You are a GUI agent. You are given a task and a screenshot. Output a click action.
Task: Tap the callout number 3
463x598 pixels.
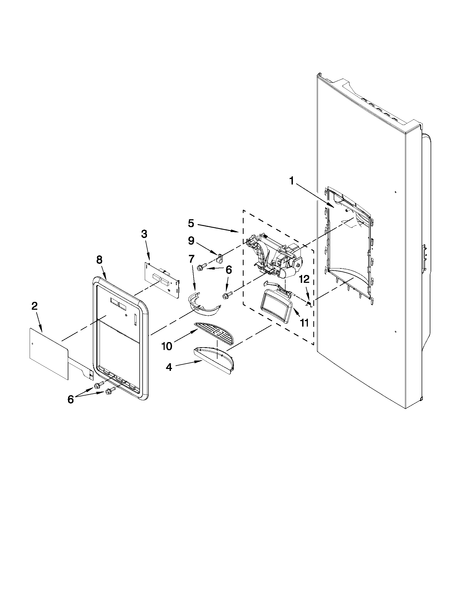[x=144, y=234]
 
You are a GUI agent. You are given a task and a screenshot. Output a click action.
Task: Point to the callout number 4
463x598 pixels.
[x=169, y=367]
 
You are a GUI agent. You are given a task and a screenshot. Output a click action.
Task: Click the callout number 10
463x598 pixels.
[x=167, y=346]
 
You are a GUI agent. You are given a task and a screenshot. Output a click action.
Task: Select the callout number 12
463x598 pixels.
[x=305, y=279]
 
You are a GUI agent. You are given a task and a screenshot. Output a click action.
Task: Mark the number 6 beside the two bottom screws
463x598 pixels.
[x=71, y=399]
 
